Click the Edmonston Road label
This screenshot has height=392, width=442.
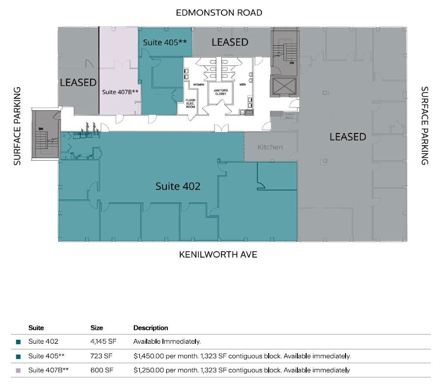[219, 12]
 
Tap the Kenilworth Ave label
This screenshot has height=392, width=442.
[218, 255]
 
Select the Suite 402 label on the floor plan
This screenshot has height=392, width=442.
[178, 186]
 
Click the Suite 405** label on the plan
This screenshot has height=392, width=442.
[164, 43]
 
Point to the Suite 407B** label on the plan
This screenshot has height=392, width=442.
[120, 92]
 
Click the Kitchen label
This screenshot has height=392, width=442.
[270, 147]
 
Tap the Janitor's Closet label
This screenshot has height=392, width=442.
[221, 92]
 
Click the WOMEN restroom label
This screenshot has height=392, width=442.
[198, 85]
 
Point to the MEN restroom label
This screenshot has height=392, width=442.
[242, 85]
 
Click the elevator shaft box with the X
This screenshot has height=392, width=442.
[284, 87]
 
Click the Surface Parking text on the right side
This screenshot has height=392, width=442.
[424, 126]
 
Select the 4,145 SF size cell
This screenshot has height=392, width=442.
[102, 341]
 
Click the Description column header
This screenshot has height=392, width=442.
[151, 327]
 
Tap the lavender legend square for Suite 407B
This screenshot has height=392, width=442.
[18, 370]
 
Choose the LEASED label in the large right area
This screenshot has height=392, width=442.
[347, 136]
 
